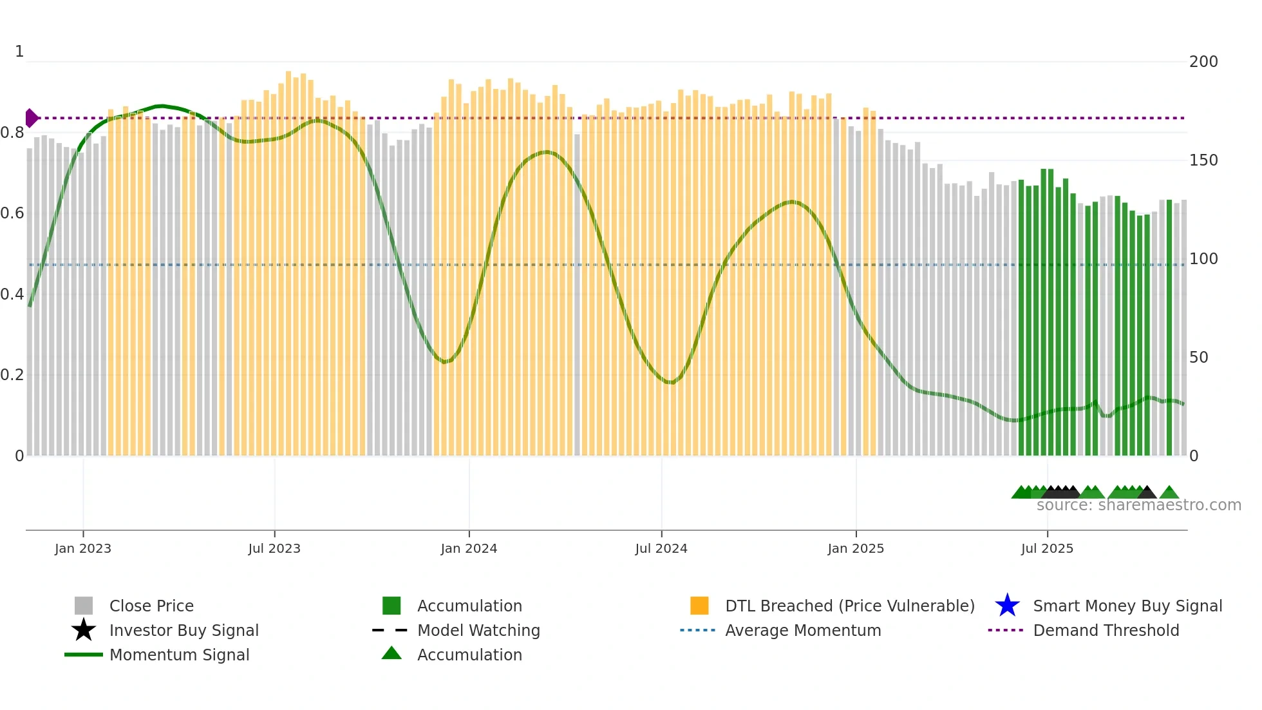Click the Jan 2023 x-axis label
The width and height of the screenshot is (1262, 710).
pos(83,548)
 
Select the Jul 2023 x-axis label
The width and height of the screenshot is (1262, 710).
pos(274,548)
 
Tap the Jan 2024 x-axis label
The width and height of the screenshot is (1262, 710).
pos(469,548)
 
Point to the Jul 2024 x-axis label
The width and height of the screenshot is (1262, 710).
pos(661,548)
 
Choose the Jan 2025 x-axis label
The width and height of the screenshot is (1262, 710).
pos(856,548)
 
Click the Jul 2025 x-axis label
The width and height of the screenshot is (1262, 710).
pos(1047,548)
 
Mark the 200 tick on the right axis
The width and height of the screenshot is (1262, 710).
pos(1203,62)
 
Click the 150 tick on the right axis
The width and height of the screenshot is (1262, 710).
pos(1203,160)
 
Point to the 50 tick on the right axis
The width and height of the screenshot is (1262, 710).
pos(1198,358)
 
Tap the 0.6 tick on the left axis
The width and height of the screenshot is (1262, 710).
pos(12,213)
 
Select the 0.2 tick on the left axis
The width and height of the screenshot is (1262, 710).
pos(12,375)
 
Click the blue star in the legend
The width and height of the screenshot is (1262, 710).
pos(1007,606)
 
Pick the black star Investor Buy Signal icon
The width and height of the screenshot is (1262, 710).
pos(84,630)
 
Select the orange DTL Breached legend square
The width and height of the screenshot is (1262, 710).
pos(699,606)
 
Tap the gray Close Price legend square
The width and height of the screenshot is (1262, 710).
pos(84,606)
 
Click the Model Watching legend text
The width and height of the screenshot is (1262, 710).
pos(478,630)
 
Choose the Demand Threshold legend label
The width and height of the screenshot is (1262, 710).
pos(1106,630)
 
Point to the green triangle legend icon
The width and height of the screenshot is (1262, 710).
pos(391,653)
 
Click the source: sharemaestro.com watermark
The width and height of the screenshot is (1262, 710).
pos(1138,505)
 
